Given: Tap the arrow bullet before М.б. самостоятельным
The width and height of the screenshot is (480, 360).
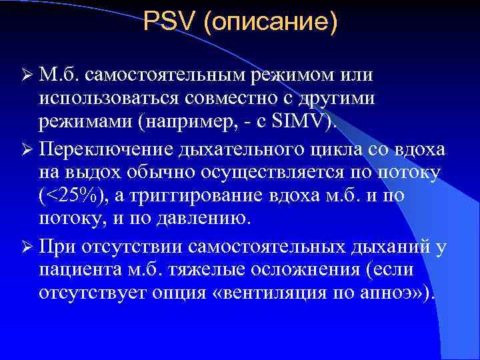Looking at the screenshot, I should (x=25, y=72).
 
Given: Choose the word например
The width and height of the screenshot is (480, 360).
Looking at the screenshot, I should (x=199, y=122).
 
